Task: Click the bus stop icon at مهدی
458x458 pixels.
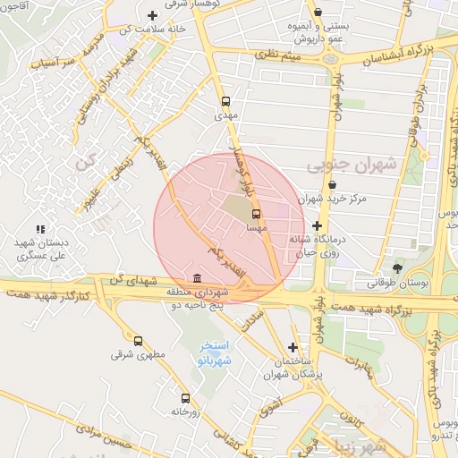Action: (225, 102)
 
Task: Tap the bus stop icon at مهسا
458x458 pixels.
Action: (257, 215)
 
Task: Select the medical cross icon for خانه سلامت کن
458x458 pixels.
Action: (153, 15)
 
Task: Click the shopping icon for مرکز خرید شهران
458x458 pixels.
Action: (332, 185)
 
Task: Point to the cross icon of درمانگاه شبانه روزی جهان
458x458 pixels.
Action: (316, 225)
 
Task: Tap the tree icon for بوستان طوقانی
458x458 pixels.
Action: (397, 268)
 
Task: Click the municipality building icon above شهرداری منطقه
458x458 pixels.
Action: (198, 278)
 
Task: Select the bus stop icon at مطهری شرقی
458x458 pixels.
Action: (138, 341)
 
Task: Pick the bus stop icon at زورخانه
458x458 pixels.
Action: (185, 398)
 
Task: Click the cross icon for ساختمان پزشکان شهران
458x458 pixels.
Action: (293, 347)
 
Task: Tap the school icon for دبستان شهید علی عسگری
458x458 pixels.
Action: (39, 230)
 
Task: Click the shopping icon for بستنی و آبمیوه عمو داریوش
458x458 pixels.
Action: (318, 12)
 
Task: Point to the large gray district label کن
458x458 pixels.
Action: (85, 163)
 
